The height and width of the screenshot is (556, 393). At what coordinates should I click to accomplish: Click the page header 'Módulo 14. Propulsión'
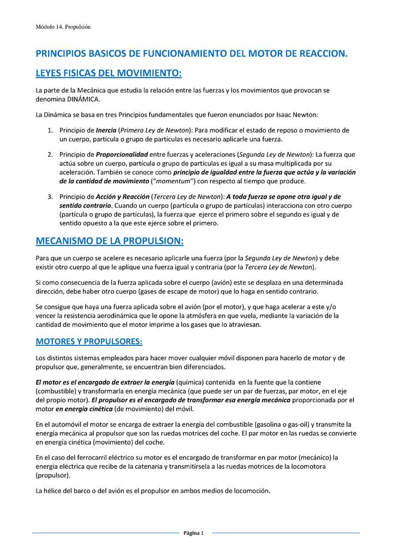coord(63,26)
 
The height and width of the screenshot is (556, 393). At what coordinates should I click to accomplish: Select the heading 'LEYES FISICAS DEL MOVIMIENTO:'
coord(108,73)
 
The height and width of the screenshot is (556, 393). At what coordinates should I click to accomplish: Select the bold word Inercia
coord(106,130)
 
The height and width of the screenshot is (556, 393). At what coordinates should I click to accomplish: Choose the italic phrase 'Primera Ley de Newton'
coord(154,130)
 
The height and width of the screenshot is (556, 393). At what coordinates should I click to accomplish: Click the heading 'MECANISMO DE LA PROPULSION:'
coord(110,241)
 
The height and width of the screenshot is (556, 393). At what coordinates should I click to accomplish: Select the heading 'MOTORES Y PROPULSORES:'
coord(89,342)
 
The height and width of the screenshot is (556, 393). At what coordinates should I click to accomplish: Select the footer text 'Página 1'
coord(193,533)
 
